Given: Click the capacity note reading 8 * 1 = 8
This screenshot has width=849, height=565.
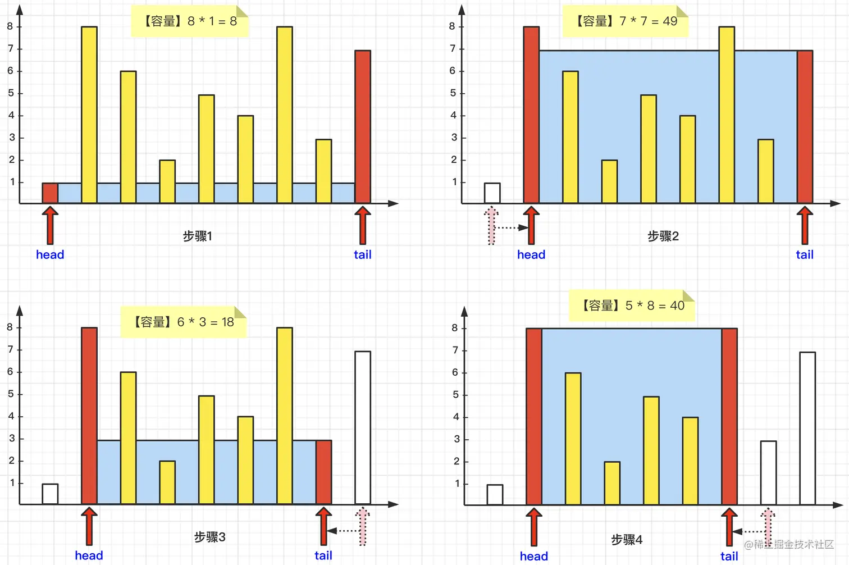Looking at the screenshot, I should [190, 21].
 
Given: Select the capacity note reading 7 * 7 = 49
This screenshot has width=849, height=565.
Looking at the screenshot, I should [626, 21].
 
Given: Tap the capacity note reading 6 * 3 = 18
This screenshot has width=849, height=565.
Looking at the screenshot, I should [184, 322].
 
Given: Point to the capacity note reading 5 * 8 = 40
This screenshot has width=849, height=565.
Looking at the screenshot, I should [632, 306].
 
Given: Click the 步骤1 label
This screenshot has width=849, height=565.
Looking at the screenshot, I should [197, 236].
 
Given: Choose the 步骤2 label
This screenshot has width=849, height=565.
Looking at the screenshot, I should [663, 236].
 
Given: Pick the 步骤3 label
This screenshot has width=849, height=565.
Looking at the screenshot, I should [209, 537].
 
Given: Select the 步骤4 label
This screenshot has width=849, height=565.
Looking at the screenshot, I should [627, 540].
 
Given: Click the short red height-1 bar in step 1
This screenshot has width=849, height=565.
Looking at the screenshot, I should [50, 193].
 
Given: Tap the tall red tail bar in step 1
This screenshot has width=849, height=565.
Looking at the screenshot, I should [363, 126].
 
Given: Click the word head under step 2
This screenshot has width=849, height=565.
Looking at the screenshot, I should [531, 255].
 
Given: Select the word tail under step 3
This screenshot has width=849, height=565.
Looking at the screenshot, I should [323, 555].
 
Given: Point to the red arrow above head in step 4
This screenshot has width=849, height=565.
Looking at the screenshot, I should [534, 527].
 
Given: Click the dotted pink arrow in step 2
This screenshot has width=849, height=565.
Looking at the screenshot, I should [492, 225].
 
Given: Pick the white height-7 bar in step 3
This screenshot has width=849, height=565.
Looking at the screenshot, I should [363, 427].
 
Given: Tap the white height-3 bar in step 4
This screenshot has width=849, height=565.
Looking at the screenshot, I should [768, 473].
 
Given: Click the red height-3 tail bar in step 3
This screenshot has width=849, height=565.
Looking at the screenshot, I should [323, 472].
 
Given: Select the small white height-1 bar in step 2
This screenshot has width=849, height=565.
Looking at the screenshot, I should [492, 193].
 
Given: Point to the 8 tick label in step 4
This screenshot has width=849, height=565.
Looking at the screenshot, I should [455, 328].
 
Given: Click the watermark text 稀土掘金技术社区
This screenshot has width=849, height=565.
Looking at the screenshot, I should [793, 544].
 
